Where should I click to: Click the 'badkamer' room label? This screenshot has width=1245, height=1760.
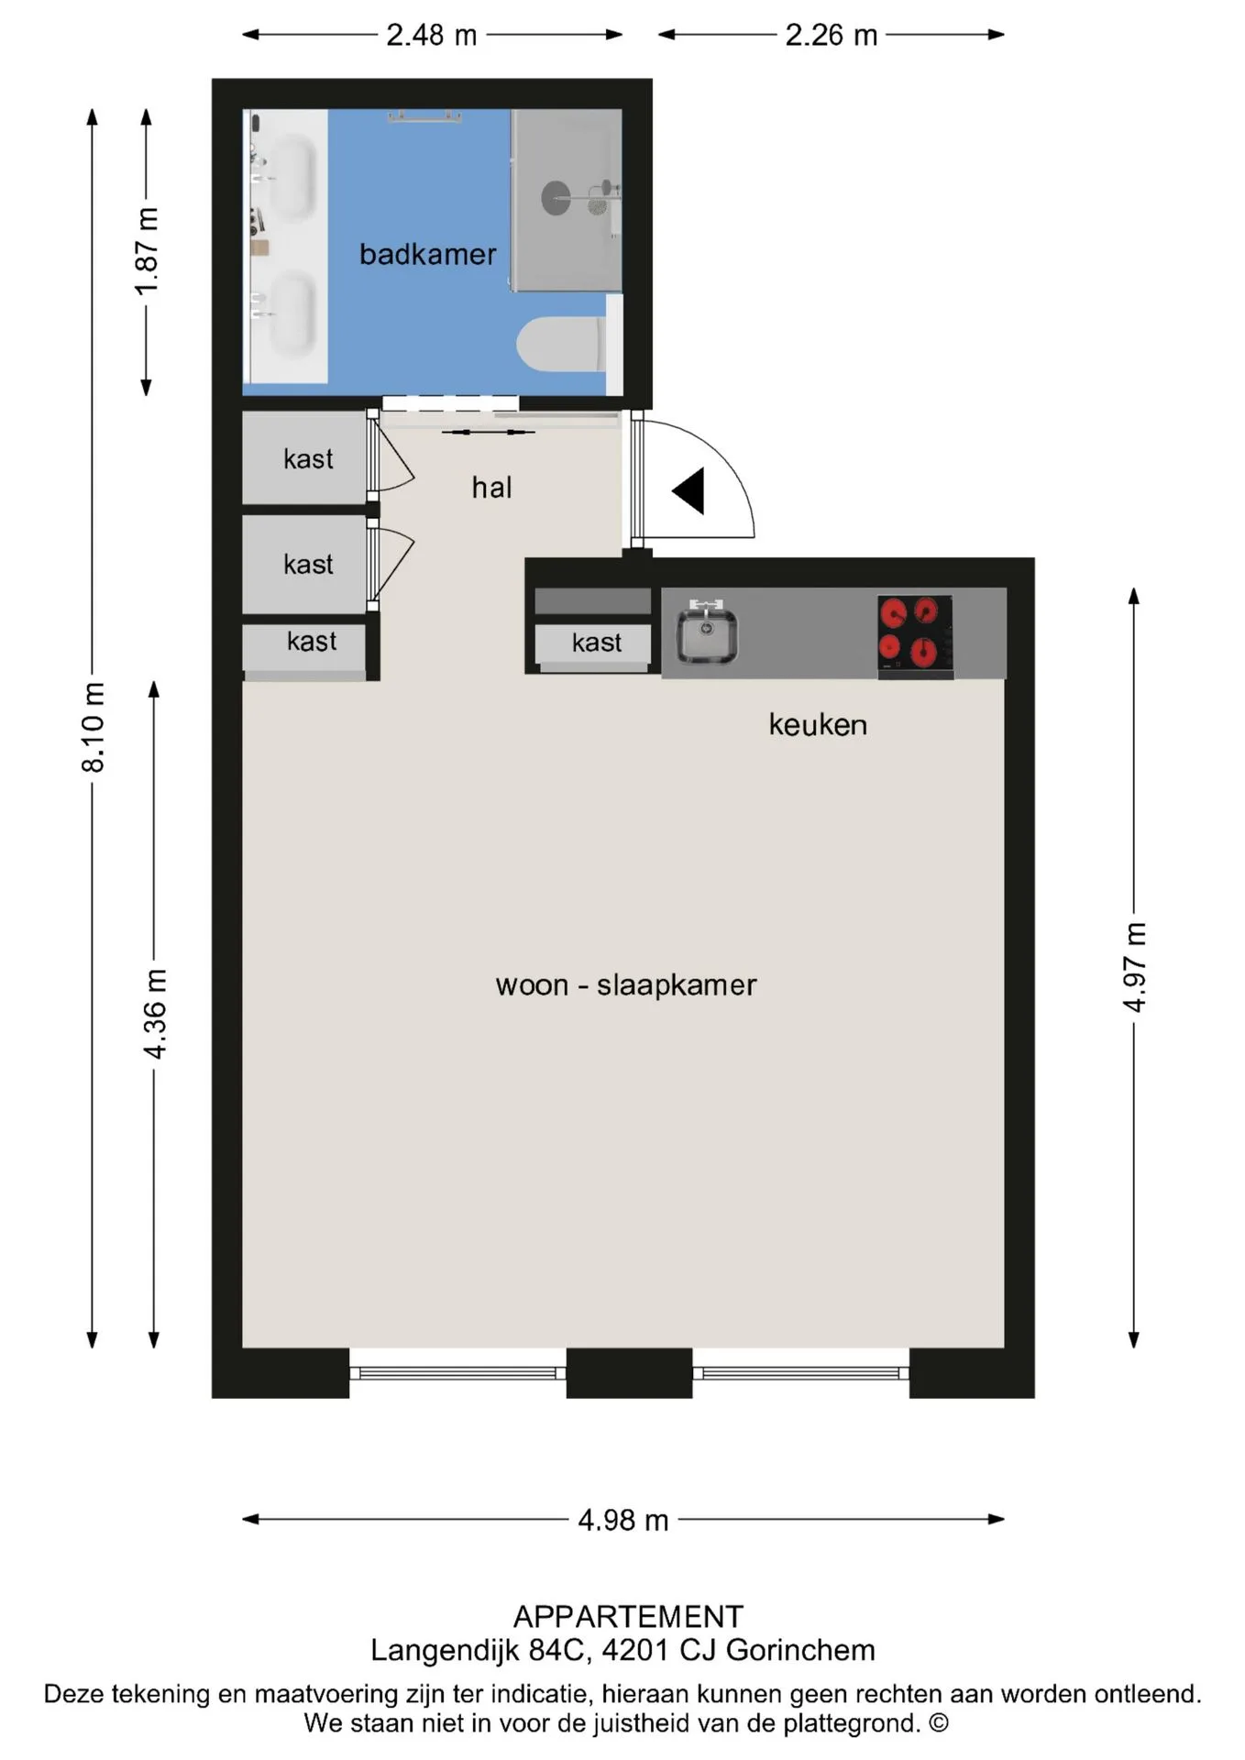coord(427,254)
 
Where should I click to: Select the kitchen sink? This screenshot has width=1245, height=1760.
coord(706,633)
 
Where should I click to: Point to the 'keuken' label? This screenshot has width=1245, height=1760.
coord(818,724)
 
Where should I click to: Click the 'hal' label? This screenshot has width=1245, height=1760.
coord(491,488)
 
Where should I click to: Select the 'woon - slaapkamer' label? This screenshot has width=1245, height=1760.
coord(626,984)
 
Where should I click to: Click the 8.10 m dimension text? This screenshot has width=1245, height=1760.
coord(94,728)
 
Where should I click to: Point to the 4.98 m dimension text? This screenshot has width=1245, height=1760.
coord(623,1520)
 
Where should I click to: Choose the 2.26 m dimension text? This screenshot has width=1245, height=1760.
coord(832,35)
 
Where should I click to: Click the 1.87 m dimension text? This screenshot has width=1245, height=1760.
coord(148,251)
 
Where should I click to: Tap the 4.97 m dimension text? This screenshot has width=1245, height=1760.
coord(1135,967)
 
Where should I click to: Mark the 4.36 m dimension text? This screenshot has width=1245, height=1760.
coord(156,1014)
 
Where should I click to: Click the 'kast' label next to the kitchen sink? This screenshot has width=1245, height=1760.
coord(597,643)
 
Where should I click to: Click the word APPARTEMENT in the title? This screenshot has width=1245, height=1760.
coord(629,1616)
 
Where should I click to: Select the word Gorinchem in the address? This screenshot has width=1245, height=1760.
coord(800,1650)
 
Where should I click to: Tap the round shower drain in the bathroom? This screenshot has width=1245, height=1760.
coord(556,198)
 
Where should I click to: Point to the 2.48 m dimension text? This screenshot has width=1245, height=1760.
coord(432,35)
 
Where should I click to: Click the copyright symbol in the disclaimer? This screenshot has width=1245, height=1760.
coord(939,1723)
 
